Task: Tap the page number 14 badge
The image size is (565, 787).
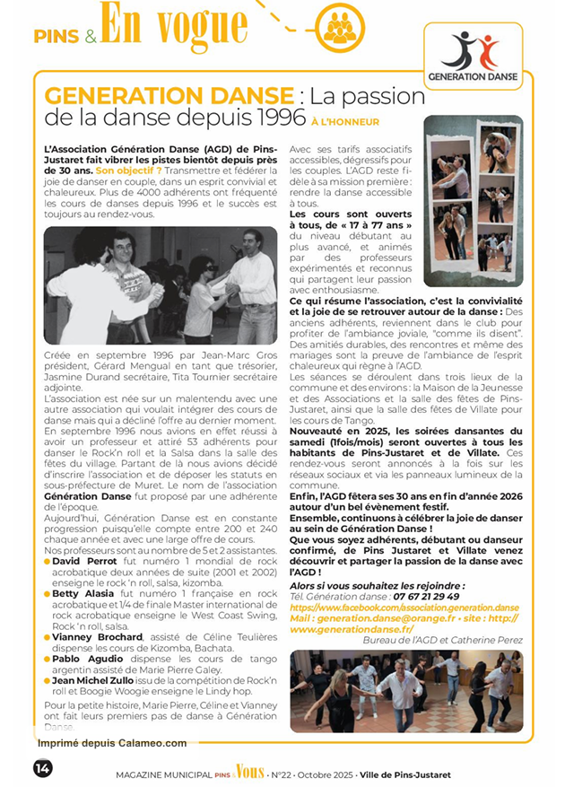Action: [x=43, y=768]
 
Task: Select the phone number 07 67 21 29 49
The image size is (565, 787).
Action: [x=423, y=596]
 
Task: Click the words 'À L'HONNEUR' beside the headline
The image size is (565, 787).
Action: [x=345, y=121]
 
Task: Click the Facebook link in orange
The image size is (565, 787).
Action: [x=404, y=608]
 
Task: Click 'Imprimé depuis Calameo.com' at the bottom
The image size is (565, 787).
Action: [x=112, y=743]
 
